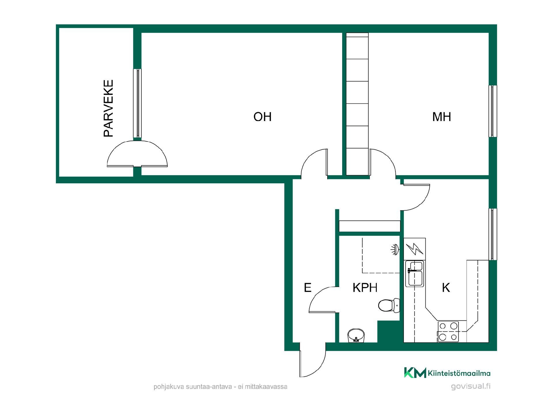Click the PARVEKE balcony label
tap(108, 108)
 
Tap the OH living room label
tap(262, 117)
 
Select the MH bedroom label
tap(442, 117)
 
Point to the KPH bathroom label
tap(365, 288)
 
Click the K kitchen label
tap(446, 288)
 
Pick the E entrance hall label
tap(308, 288)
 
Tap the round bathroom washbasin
tap(356, 336)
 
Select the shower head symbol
tap(395, 249)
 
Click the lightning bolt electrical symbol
tap(414, 249)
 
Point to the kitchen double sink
tap(414, 274)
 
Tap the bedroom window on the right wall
tap(493, 111)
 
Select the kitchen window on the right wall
tap(493, 234)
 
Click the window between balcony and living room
tap(138, 103)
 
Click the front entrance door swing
tap(313, 360)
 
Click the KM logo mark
tap(415, 373)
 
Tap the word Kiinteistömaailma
tap(459, 373)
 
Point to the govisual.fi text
tap(471, 386)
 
